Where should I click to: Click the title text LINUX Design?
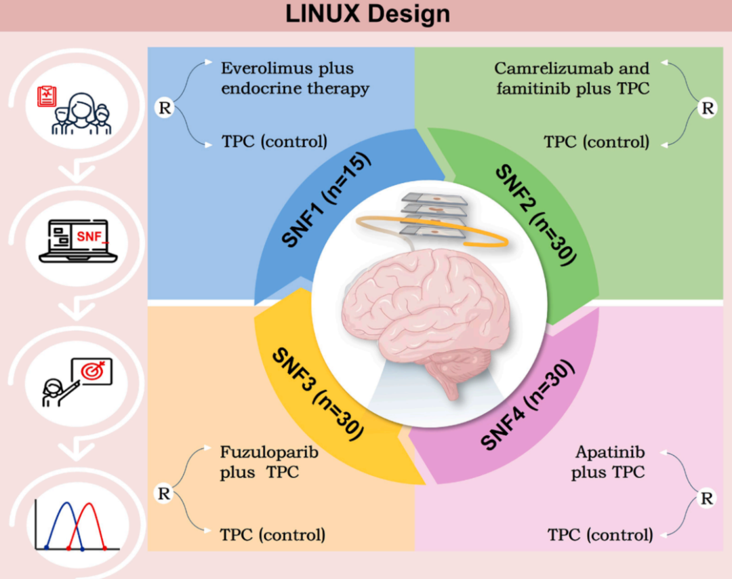pyautogui.click(x=367, y=14)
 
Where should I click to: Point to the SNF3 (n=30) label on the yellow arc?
pyautogui.click(x=317, y=393)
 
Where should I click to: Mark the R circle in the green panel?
pyautogui.click(x=707, y=107)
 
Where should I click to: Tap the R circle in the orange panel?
pyautogui.click(x=163, y=494)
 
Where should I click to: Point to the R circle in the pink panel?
pyautogui.click(x=706, y=499)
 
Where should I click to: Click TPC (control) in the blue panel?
pyautogui.click(x=274, y=142)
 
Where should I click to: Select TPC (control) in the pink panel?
pyautogui.click(x=601, y=534)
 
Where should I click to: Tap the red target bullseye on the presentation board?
pyautogui.click(x=94, y=372)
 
